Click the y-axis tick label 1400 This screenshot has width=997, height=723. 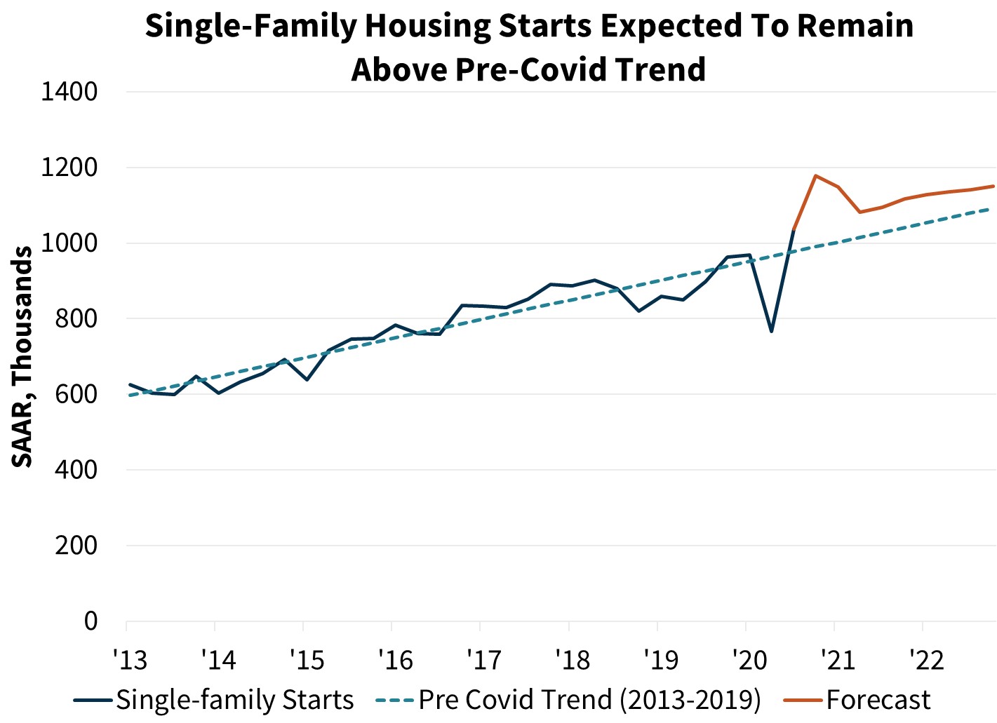tap(69, 92)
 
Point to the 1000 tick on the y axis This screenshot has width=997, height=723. tap(69, 243)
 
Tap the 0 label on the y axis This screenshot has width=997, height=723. tap(91, 621)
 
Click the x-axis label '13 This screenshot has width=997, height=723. tap(130, 660)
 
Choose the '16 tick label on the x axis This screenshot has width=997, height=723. tap(395, 660)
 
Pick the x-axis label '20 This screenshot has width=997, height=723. tap(749, 660)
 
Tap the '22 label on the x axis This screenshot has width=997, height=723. tap(925, 660)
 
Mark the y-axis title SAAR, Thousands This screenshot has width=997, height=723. tap(22, 356)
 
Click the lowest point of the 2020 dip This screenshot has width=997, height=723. tap(771, 331)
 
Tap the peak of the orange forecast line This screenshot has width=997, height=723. tap(815, 175)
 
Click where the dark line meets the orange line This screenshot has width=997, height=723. tap(793, 230)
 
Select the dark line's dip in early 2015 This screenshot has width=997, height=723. tap(307, 379)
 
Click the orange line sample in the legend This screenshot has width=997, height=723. tap(803, 701)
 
